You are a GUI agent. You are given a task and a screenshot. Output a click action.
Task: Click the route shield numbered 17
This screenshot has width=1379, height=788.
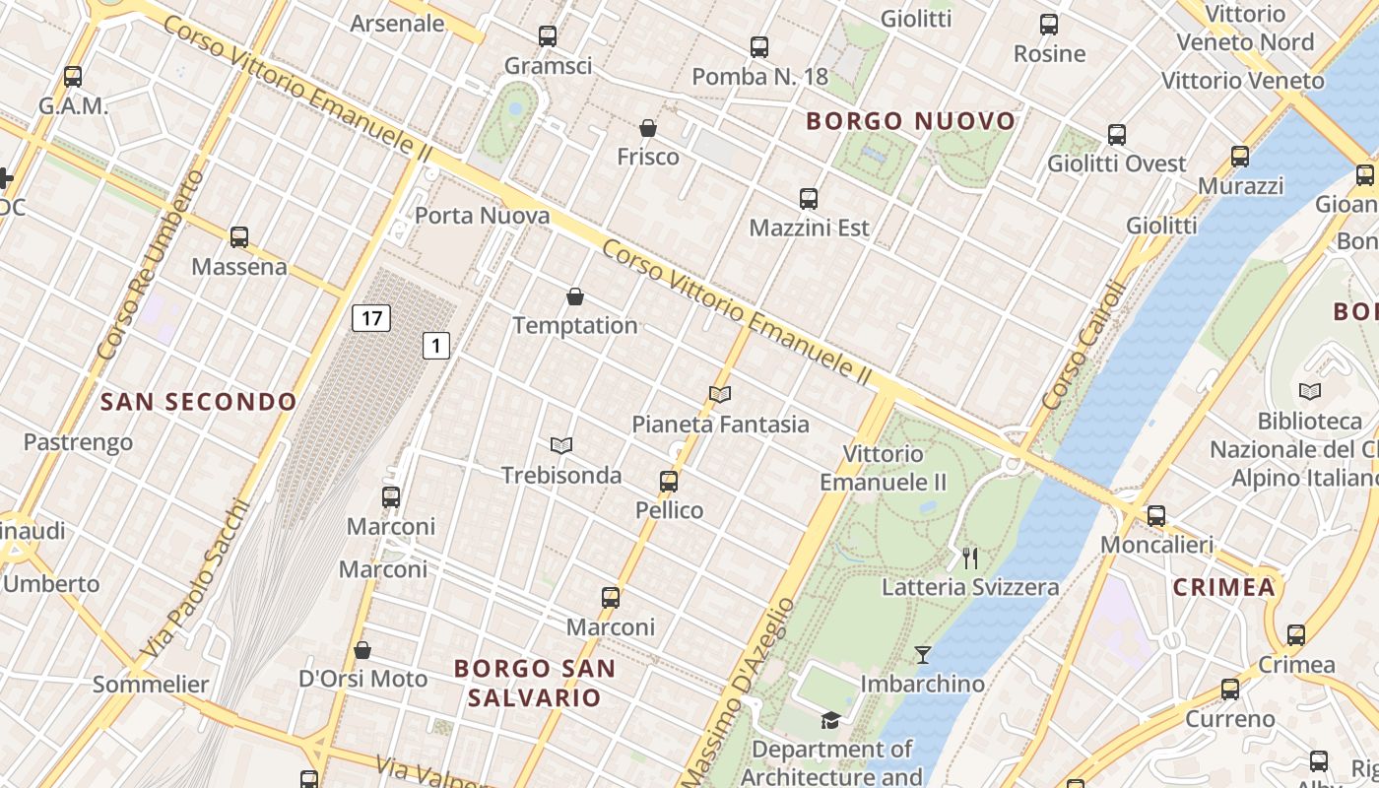pos(370,318)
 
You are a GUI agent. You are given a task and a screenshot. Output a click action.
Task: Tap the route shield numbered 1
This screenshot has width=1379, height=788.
pos(436,346)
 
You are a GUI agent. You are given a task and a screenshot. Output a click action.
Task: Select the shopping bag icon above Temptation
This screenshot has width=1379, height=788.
pos(575,296)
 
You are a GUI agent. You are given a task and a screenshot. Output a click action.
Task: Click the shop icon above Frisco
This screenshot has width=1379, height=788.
pos(648,128)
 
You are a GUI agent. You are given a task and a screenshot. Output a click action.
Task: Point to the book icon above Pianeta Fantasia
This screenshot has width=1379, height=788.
pos(720,395)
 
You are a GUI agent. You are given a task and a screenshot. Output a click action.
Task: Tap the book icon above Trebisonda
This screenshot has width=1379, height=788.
pos(561,446)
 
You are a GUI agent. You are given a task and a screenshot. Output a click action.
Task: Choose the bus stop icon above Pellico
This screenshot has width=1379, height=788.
pos(669,482)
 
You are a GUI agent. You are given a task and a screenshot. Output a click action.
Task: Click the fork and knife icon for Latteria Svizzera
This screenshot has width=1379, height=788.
pos(970,558)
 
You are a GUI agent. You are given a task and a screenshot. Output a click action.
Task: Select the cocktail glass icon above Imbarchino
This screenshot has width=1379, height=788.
pos(923,655)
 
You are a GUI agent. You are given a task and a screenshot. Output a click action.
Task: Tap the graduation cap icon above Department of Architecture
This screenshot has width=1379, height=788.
pos(831,720)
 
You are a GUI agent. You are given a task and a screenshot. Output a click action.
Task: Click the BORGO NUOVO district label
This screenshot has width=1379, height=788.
pos(910,121)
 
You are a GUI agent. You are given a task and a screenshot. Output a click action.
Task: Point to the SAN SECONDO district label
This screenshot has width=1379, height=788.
pos(198,402)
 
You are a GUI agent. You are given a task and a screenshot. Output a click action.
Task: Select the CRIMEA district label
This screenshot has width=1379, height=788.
pos(1223,588)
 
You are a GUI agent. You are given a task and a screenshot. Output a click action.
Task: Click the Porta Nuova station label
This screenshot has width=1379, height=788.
pos(482,216)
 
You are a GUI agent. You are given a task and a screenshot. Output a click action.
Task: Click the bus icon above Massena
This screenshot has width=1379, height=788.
pos(239,237)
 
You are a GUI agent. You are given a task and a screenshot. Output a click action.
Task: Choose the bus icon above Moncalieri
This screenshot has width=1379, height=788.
pos(1156,516)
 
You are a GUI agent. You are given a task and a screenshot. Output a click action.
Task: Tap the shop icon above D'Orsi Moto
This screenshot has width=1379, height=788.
pos(362,650)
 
